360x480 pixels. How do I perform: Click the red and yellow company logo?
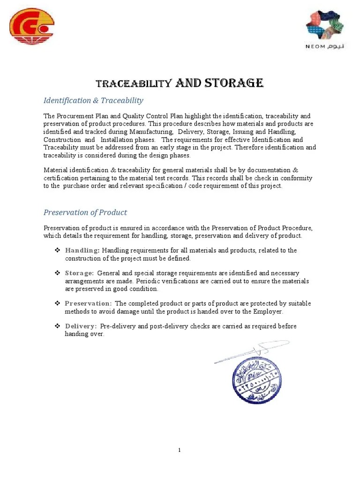coord(32,26)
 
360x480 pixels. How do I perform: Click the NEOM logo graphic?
coord(324,25)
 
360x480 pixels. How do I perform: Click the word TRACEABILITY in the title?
coord(133,84)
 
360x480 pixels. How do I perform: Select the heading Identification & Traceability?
coord(93,100)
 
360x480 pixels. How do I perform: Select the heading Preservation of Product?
coord(85,212)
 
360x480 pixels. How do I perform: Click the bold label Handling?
coord(82,250)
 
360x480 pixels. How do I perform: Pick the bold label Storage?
coord(79,273)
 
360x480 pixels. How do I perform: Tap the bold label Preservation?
coord(88,303)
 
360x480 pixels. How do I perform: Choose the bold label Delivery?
coord(81,326)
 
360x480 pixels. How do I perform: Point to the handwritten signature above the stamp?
coord(251,352)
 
